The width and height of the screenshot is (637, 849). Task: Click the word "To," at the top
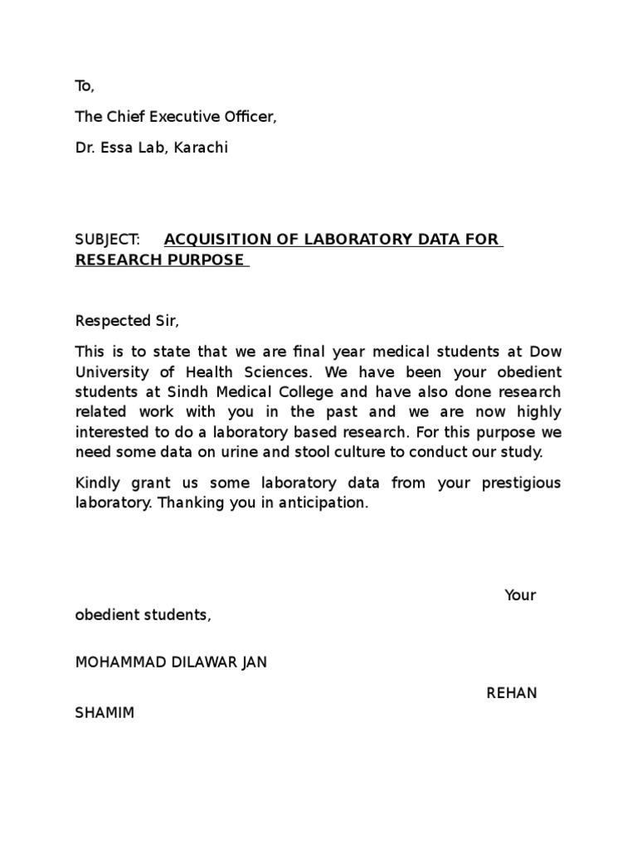(85, 86)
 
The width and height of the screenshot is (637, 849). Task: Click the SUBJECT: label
(108, 240)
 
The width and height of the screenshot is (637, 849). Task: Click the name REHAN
(512, 693)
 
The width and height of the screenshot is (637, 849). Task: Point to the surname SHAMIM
(105, 713)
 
